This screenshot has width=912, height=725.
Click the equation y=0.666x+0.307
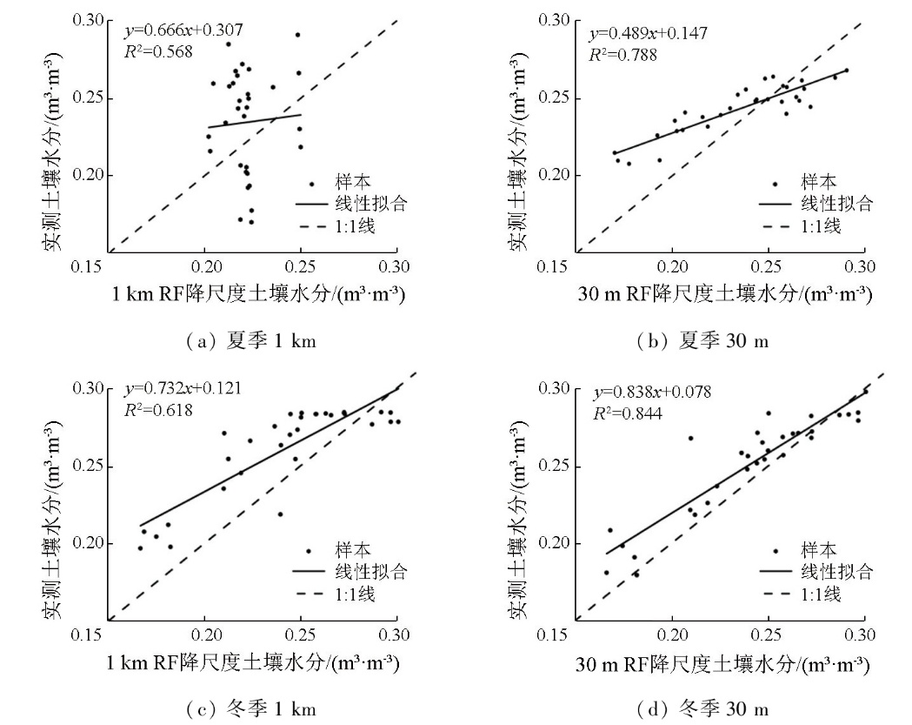(183, 31)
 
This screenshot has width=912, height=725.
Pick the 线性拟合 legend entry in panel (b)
(836, 204)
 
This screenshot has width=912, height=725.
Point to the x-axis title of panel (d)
(722, 663)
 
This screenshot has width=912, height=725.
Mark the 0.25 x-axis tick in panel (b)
(767, 265)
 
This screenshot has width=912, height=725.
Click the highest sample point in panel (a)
(297, 35)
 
